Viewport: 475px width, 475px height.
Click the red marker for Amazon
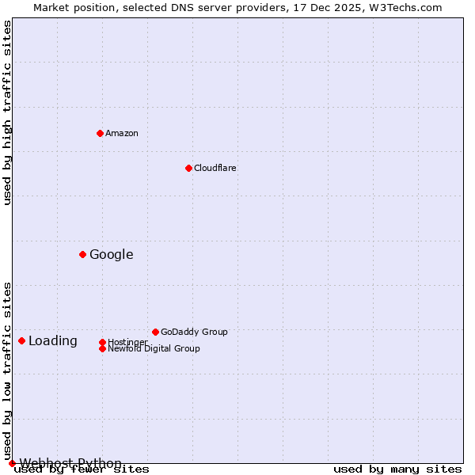coord(100,133)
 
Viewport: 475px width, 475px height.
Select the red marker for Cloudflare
coord(188,168)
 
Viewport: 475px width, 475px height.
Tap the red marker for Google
coord(82,254)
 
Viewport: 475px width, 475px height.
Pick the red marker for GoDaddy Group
coord(155,332)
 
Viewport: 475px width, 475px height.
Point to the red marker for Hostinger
coord(102,342)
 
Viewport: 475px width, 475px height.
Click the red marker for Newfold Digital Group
coord(102,348)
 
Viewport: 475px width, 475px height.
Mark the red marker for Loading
coord(21,340)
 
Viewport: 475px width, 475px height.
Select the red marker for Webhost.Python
coord(12,463)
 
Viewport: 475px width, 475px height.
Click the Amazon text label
coord(122,133)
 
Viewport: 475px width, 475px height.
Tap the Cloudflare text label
coord(215,168)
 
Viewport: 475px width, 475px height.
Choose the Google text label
coord(112,254)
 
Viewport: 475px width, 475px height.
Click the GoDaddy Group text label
coord(194,332)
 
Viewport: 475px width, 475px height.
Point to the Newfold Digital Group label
coord(154,348)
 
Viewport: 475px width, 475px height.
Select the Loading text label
coord(53,340)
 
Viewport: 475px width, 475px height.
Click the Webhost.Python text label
coord(70,463)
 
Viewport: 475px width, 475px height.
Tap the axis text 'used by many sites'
coord(397,469)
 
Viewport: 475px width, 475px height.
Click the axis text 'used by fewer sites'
coord(82,469)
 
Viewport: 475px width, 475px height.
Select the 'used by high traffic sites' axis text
coord(7,113)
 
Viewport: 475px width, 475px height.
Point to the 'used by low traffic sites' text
coord(7,370)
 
